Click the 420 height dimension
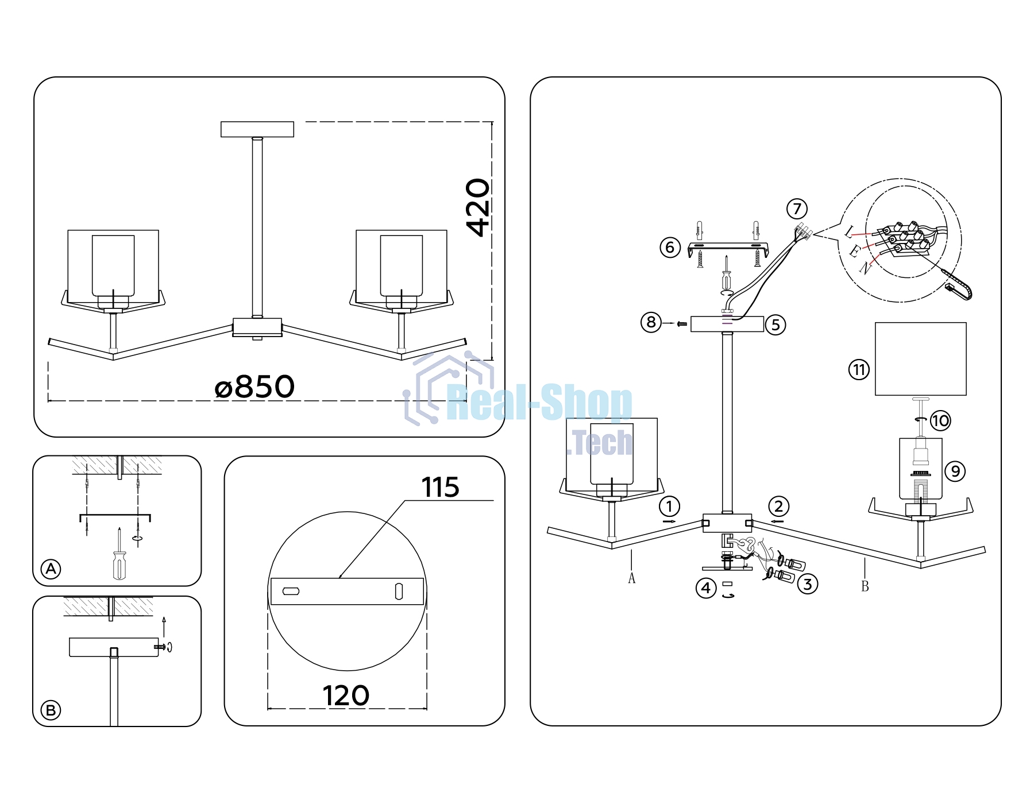pyautogui.click(x=478, y=207)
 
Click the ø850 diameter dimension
pyautogui.click(x=254, y=386)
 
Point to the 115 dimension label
pyautogui.click(x=440, y=487)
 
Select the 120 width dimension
pyautogui.click(x=346, y=695)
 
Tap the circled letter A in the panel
pyautogui.click(x=51, y=569)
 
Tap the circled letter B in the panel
pyautogui.click(x=51, y=710)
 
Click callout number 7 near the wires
pyautogui.click(x=797, y=208)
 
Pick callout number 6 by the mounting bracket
pyautogui.click(x=670, y=248)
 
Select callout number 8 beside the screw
pyautogui.click(x=651, y=322)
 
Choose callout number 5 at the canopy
pyautogui.click(x=775, y=325)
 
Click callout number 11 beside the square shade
pyautogui.click(x=859, y=369)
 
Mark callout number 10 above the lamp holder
pyautogui.click(x=940, y=420)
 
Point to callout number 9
pyautogui.click(x=955, y=471)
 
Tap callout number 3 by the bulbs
pyautogui.click(x=808, y=584)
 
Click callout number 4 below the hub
pyautogui.click(x=706, y=588)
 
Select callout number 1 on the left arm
pyautogui.click(x=669, y=507)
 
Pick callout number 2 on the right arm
pyautogui.click(x=778, y=507)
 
